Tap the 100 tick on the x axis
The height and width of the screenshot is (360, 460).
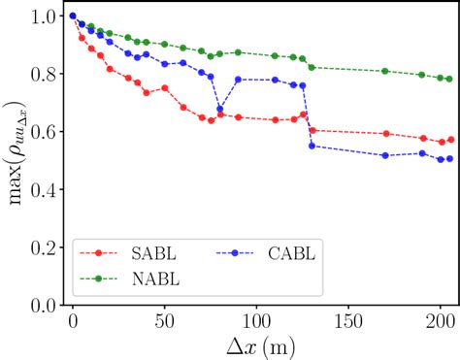[x=257, y=319]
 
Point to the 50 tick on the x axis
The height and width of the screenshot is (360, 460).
[x=165, y=319]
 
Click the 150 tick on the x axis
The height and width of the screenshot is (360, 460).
[x=349, y=319]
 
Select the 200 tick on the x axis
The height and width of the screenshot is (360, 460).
[x=441, y=319]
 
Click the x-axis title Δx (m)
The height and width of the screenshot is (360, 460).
[x=257, y=344]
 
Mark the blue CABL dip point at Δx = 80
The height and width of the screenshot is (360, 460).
[x=220, y=110]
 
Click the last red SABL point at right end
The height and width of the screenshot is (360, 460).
[x=449, y=140]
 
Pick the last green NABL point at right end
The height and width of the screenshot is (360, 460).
[x=449, y=79]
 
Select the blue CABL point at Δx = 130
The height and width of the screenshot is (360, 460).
[x=312, y=146]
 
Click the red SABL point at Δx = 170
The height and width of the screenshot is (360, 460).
[x=385, y=133]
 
